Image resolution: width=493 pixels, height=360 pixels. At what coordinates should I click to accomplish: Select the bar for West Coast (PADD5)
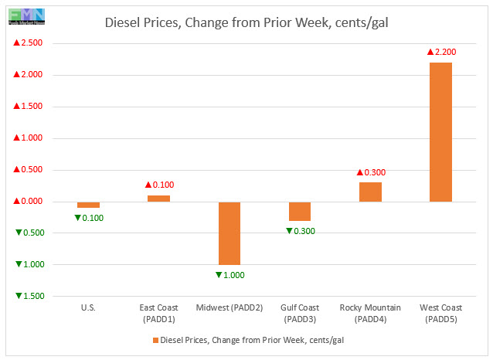pyautogui.click(x=440, y=132)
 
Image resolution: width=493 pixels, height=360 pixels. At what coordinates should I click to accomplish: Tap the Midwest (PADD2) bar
pyautogui.click(x=229, y=233)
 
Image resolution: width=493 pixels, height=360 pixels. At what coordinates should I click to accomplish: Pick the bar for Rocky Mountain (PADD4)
pyautogui.click(x=370, y=192)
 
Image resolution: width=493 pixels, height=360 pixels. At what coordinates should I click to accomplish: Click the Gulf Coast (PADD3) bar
pyautogui.click(x=300, y=211)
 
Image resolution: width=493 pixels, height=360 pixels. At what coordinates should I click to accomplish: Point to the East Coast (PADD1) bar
pyautogui.click(x=158, y=199)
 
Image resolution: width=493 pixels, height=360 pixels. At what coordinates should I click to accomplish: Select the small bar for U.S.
pyautogui.click(x=88, y=205)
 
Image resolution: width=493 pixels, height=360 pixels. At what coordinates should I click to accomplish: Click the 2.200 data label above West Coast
pyautogui.click(x=442, y=52)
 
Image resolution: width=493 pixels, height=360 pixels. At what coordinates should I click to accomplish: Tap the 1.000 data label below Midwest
pyautogui.click(x=229, y=275)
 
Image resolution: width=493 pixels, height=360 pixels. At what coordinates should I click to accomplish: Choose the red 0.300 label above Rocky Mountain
pyautogui.click(x=371, y=172)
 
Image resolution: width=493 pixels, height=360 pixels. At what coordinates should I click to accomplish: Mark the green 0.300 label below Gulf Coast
pyautogui.click(x=301, y=231)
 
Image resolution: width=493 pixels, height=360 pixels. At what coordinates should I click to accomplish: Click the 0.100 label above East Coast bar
pyautogui.click(x=159, y=185)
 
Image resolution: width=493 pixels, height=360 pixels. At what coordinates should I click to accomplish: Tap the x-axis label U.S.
pyautogui.click(x=88, y=307)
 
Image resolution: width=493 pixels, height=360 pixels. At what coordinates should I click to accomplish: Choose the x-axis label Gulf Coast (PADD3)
pyautogui.click(x=300, y=313)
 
